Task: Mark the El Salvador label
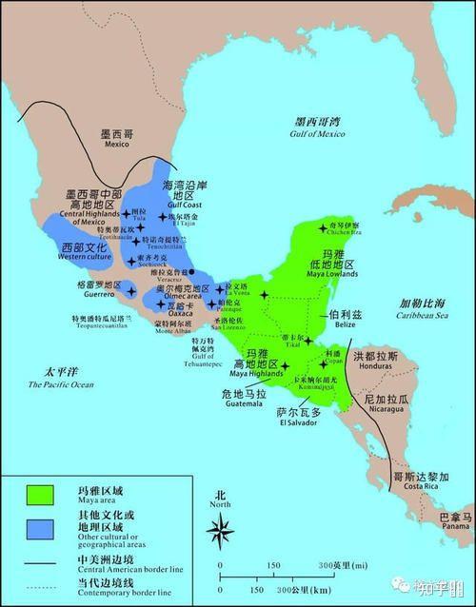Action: pos(296,418)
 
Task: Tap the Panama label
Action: pos(454,521)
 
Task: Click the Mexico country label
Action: pos(116,139)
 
